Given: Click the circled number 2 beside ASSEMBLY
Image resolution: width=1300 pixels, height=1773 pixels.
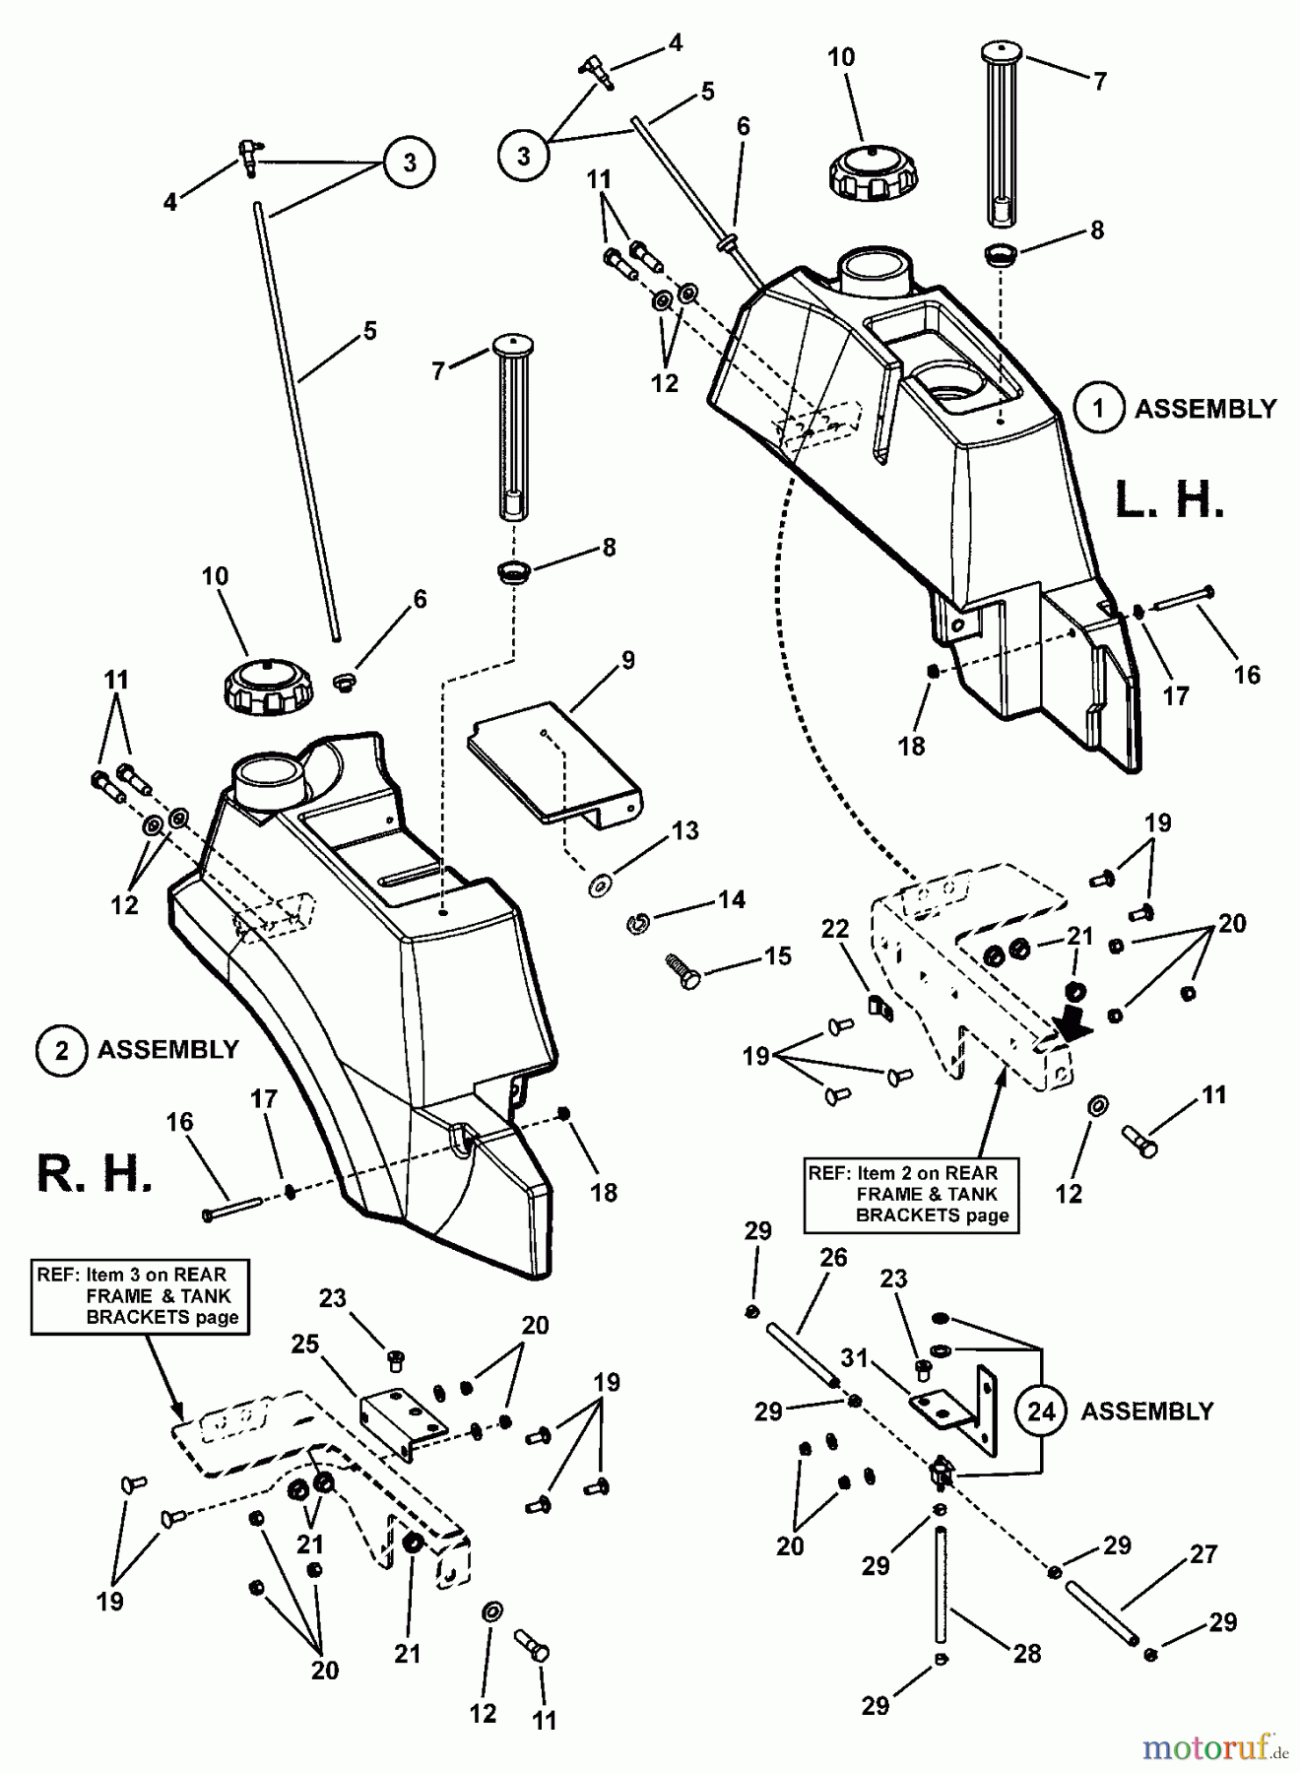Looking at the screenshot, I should coord(61,1050).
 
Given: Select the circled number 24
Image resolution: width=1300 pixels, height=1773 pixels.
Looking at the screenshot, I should coord(1041,1412).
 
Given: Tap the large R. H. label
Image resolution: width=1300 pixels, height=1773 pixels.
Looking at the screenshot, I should coord(95,1174).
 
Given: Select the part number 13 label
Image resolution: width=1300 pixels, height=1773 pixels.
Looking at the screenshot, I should coord(684,830).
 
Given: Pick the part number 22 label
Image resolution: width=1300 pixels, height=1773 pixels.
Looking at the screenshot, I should coord(835,930).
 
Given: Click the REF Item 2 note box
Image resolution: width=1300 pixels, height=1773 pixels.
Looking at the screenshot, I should coord(912,1194).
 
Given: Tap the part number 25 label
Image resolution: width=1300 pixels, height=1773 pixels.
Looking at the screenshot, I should coord(304,1344).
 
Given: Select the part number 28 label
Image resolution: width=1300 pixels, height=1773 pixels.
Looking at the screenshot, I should coord(1026,1653).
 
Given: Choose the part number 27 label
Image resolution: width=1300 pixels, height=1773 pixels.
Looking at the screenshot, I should coord(1203,1554).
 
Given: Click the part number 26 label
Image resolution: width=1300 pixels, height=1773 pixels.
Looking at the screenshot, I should coord(833,1258).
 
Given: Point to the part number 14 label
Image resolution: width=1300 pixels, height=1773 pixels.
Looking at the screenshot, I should coord(731,899).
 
